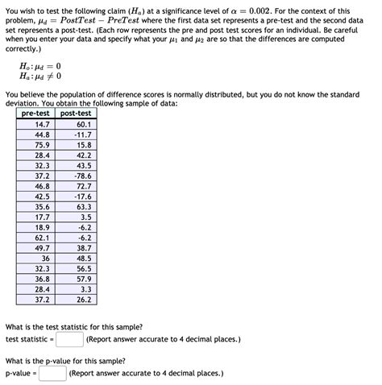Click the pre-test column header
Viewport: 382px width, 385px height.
(x=36, y=114)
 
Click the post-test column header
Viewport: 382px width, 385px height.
(x=76, y=114)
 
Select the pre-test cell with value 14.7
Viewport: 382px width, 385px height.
(x=42, y=124)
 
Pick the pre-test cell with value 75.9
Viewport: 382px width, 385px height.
(x=42, y=145)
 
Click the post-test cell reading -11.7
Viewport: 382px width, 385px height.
(x=81, y=135)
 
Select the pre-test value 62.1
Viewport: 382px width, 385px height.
(x=42, y=238)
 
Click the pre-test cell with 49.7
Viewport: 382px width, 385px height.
(x=42, y=248)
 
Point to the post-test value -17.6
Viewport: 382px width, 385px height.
(x=81, y=196)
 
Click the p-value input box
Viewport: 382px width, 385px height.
(x=52, y=374)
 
